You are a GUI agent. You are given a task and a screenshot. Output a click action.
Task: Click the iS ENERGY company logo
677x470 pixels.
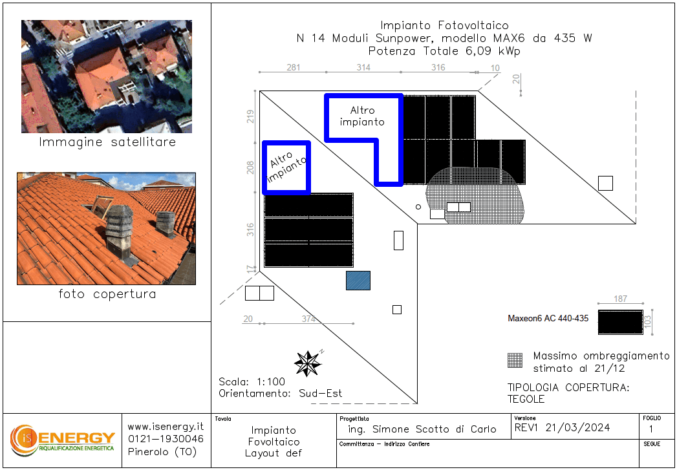63,440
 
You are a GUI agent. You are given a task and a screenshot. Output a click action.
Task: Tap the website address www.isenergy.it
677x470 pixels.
166,427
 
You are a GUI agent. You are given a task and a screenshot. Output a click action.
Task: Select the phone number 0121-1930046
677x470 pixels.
166,440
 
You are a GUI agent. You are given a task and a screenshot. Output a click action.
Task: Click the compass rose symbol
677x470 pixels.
308,363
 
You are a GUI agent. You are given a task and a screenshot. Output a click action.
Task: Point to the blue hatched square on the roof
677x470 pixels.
358,281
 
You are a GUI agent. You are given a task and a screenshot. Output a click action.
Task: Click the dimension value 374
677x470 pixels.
308,319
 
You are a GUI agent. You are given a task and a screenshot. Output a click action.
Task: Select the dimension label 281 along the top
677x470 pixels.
293,67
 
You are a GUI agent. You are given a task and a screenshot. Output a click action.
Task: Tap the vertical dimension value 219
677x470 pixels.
251,116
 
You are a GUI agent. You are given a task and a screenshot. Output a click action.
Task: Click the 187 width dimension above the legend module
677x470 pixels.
621,299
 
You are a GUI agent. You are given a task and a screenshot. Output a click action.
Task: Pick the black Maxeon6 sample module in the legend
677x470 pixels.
621,322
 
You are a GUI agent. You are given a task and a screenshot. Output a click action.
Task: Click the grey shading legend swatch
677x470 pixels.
515,360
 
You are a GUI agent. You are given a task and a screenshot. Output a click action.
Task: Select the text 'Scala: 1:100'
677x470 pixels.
252,382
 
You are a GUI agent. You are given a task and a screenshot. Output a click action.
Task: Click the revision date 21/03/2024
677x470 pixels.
577,428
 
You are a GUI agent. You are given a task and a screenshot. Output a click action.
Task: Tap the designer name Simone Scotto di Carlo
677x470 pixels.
435,429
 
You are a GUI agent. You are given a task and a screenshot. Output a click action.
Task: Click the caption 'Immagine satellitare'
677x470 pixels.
107,142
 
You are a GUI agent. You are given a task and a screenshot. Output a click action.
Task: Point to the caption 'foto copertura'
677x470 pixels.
107,294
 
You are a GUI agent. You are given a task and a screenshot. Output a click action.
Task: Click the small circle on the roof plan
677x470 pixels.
418,207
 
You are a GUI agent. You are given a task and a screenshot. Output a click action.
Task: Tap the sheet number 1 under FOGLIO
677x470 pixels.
651,429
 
